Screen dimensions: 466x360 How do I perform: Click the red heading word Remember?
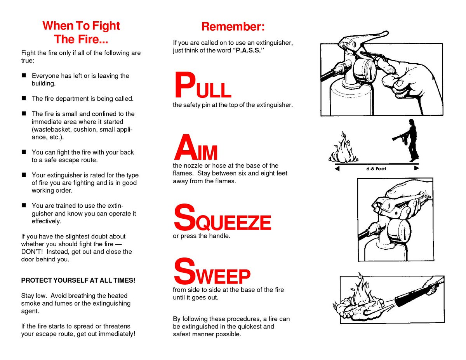pos(233,27)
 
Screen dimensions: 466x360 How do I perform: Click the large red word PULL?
pos(203,85)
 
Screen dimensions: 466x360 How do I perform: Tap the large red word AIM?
pos(196,147)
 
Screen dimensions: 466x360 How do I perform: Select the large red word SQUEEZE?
pos(223,217)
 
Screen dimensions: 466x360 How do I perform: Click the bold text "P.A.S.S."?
pos(248,50)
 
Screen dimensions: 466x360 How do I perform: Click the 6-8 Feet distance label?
pos(376,169)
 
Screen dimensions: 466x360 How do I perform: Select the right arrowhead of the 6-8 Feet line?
pos(416,168)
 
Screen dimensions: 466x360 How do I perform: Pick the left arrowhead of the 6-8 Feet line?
pos(337,169)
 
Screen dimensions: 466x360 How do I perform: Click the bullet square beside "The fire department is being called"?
pos(24,98)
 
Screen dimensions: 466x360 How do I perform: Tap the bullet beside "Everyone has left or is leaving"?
pos(24,75)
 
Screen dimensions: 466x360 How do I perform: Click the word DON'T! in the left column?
pos(32,252)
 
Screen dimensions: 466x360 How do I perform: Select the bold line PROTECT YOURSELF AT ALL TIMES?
pos(78,280)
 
